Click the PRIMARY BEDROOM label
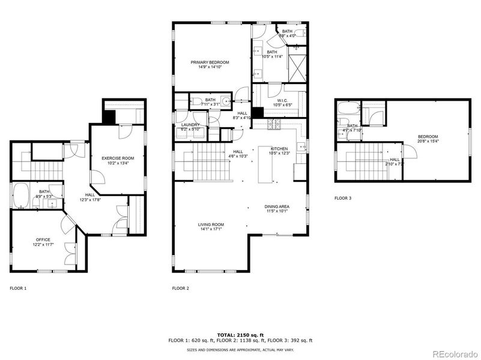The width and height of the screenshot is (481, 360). point(210,62)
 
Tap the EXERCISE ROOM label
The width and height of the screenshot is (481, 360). point(117,157)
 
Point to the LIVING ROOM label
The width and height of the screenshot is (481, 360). point(211,225)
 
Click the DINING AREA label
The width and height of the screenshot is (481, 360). point(276,206)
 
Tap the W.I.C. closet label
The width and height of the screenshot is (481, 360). point(283,100)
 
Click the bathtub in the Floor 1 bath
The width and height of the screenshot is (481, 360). point(20,196)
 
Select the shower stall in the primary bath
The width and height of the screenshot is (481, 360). point(296,62)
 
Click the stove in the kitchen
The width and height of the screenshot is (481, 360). point(276,125)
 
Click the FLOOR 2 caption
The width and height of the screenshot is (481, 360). point(181,289)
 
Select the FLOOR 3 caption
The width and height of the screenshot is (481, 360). point(343,197)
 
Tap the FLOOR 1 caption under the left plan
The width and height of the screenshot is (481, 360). point(18,289)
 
